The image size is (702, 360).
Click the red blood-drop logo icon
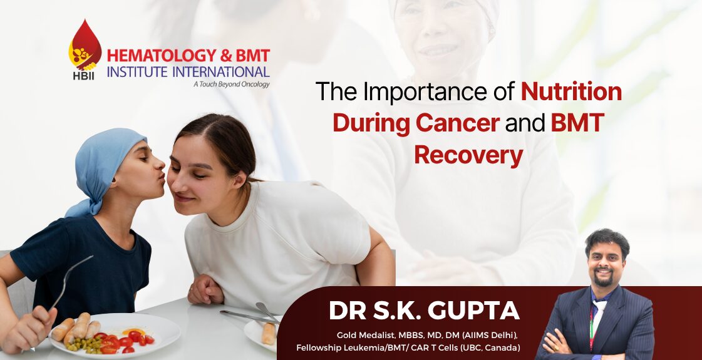click(x=85, y=45)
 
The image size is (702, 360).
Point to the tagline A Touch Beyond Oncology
click(x=232, y=84)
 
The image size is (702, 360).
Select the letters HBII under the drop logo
click(x=84, y=76)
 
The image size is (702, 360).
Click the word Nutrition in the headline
click(x=571, y=91)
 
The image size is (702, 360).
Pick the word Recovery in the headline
click(x=468, y=155)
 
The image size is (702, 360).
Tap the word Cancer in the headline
click(x=458, y=123)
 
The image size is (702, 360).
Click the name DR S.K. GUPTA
click(x=424, y=311)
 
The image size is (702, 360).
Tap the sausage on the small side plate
click(x=269, y=334)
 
